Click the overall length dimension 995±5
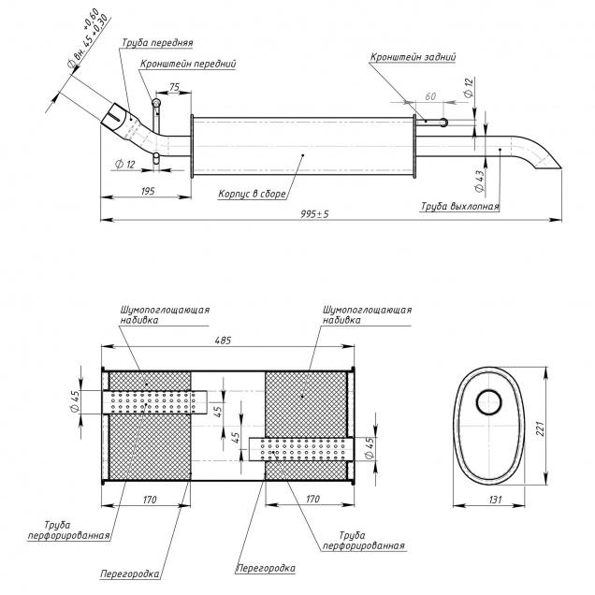(315, 213)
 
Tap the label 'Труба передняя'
(156, 42)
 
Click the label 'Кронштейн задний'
(413, 57)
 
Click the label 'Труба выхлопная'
(459, 206)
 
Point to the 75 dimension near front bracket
(174, 87)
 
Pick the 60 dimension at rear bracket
(431, 97)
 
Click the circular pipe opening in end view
(489, 403)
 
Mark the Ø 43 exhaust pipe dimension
(480, 174)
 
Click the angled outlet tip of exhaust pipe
(545, 164)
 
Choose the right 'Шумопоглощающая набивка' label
(367, 314)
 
